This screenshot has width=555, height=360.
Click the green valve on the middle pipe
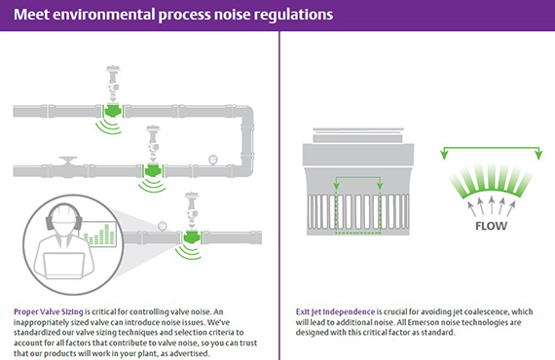point(152,171)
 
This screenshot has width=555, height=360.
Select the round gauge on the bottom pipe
point(163,230)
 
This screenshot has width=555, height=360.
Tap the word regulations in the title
point(282,16)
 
